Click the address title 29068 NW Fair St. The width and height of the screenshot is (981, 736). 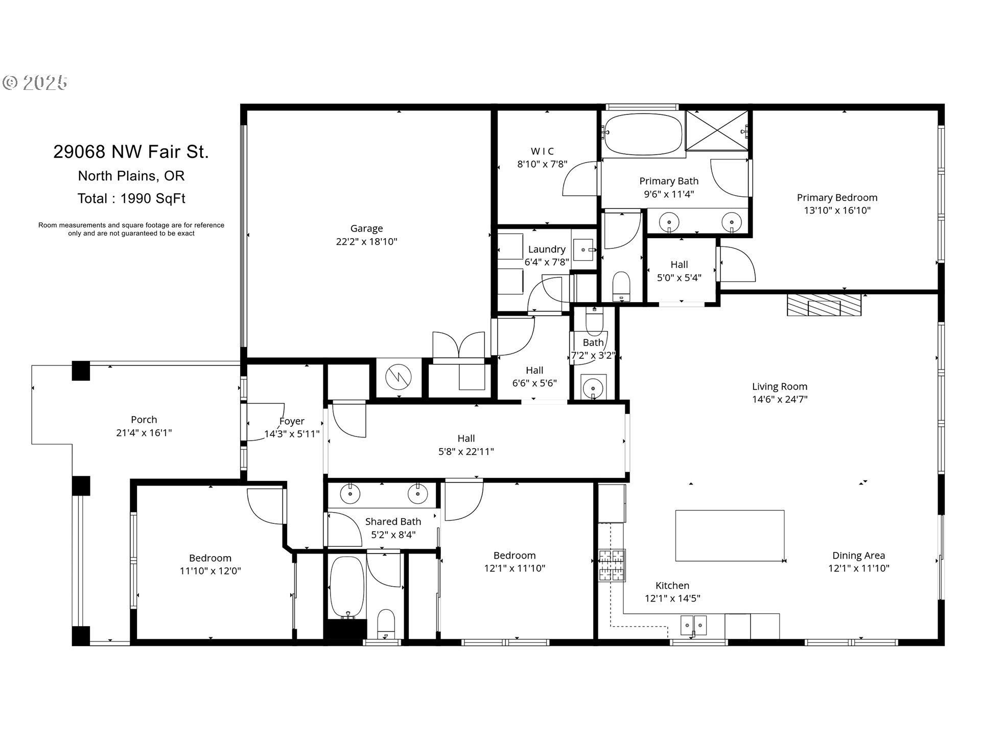pyautogui.click(x=131, y=152)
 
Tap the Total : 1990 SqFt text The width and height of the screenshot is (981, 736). pyautogui.click(x=131, y=198)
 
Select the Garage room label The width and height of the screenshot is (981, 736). pyautogui.click(x=366, y=228)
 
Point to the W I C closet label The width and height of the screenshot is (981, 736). pyautogui.click(x=542, y=151)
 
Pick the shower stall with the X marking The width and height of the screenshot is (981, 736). pyautogui.click(x=717, y=130)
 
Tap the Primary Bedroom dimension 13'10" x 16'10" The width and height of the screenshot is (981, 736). pyautogui.click(x=837, y=210)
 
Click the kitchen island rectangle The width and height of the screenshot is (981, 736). pyautogui.click(x=730, y=535)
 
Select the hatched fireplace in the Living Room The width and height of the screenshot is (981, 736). pyautogui.click(x=824, y=305)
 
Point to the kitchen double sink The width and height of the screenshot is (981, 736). pyautogui.click(x=693, y=625)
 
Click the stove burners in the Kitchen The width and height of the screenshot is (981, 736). pyautogui.click(x=612, y=565)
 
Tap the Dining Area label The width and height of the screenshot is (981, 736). pyautogui.click(x=858, y=556)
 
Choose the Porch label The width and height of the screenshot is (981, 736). pyautogui.click(x=144, y=420)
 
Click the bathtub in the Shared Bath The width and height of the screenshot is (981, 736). pyautogui.click(x=347, y=587)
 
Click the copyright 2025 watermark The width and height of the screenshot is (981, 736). pyautogui.click(x=35, y=82)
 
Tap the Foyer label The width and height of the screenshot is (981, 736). pyautogui.click(x=292, y=421)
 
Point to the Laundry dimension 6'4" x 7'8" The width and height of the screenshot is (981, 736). pyautogui.click(x=547, y=262)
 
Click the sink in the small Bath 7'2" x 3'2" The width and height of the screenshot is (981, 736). pyautogui.click(x=593, y=387)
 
